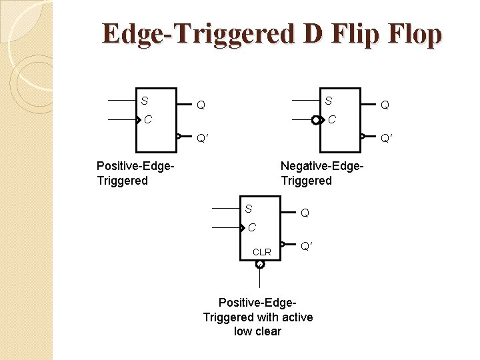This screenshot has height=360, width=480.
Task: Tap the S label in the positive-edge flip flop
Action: [145, 101]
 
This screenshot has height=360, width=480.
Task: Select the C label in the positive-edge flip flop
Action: [149, 121]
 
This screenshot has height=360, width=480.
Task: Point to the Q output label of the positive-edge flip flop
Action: [201, 105]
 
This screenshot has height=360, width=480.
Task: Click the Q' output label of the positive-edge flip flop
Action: [203, 139]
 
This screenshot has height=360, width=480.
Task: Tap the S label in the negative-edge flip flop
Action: [328, 101]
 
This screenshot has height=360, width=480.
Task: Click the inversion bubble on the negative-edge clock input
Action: [315, 121]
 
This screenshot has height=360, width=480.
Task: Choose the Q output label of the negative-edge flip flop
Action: [385, 105]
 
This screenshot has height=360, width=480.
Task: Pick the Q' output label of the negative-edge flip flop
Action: [387, 139]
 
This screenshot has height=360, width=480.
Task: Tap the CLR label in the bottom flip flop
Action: [262, 252]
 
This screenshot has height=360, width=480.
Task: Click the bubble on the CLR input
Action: [260, 264]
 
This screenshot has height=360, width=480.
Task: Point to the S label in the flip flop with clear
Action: [248, 209]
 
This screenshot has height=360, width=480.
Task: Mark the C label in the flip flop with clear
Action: [252, 228]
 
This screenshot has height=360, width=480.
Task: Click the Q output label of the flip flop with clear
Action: [305, 213]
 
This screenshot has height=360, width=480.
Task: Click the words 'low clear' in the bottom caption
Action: [258, 331]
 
